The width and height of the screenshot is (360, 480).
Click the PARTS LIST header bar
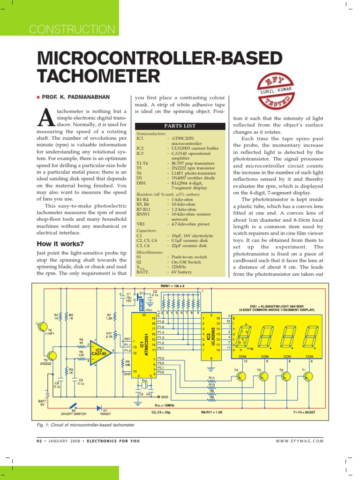pos(180,126)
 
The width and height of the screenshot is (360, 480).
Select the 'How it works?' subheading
pos(60,244)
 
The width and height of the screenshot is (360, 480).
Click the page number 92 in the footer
pos(39,441)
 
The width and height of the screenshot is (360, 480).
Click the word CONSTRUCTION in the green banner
pos(72,29)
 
